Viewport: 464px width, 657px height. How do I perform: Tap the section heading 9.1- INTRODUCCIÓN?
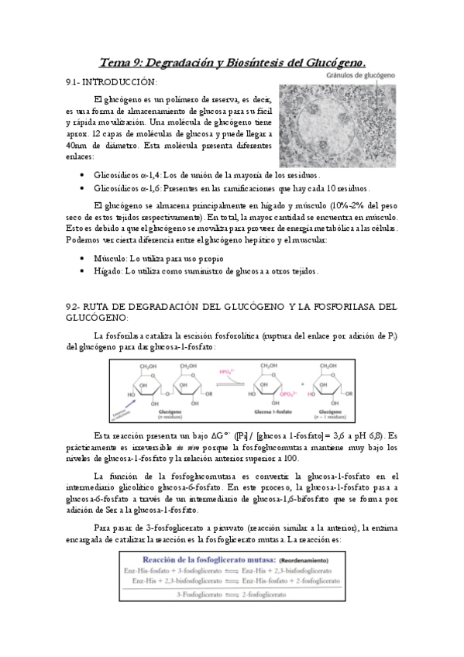pyautogui.click(x=112, y=81)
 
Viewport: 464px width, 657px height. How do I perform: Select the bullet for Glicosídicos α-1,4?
pyautogui.click(x=83, y=176)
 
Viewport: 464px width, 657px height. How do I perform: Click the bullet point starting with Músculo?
pyautogui.click(x=83, y=258)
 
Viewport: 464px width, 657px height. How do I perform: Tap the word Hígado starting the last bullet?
pyautogui.click(x=107, y=270)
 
